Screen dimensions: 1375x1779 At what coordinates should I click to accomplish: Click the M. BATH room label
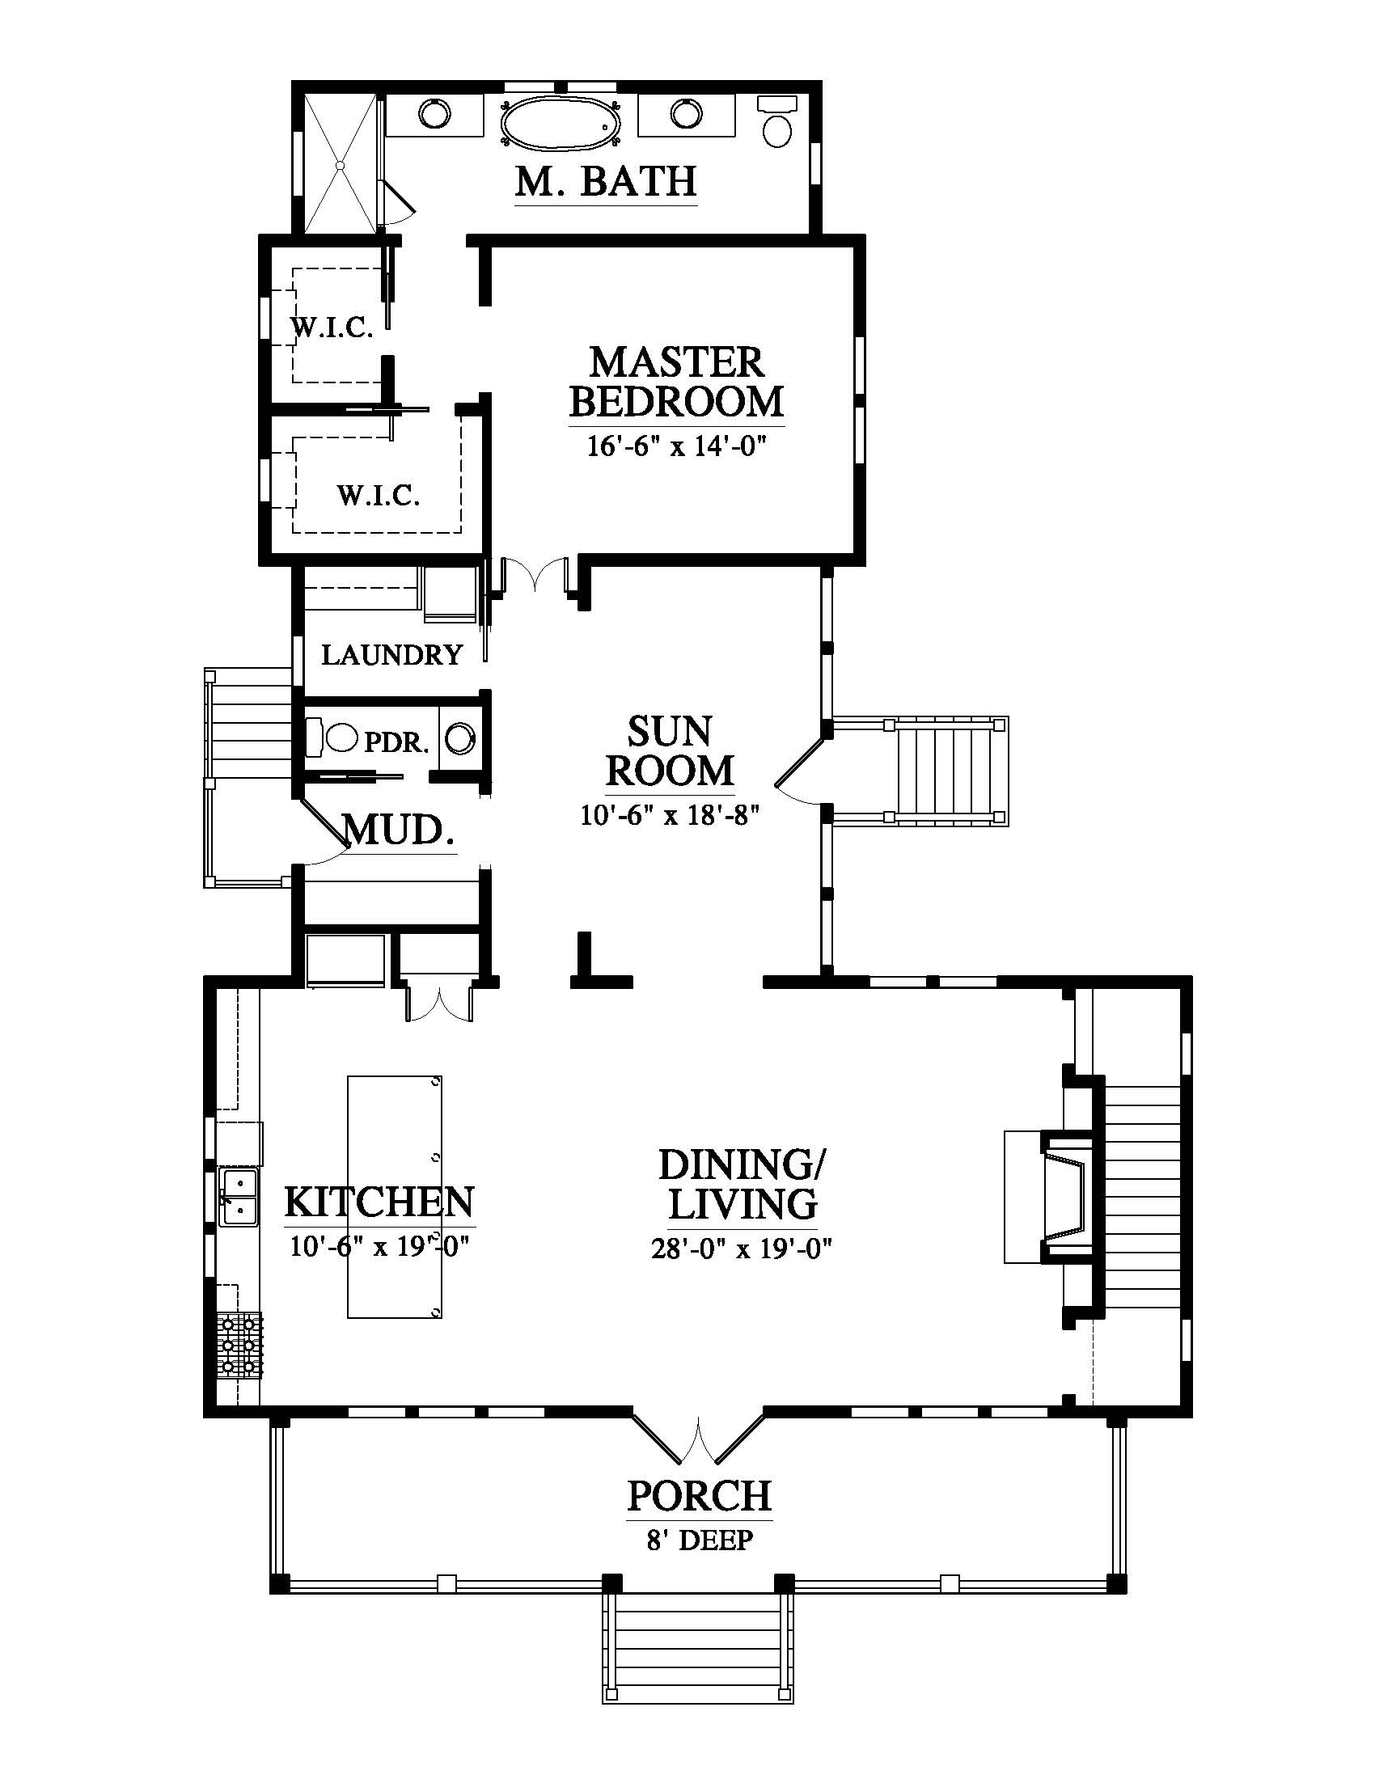coord(606,181)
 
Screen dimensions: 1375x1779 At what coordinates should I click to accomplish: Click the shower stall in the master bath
coord(341,162)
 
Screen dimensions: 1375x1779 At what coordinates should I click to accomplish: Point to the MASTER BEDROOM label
coord(676,381)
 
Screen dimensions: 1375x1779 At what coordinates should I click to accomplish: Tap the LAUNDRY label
coord(391,655)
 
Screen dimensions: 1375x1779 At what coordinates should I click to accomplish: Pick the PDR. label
coord(396,742)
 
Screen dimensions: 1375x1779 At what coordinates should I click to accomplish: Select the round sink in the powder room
coord(461,739)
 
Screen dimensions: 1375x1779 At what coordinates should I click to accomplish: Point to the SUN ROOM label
coord(670,750)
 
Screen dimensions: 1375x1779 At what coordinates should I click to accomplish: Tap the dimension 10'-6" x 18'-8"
coord(670,814)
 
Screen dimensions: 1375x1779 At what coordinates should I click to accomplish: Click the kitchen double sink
coord(239,1197)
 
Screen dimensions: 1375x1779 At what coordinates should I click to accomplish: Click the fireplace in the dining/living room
coord(1047,1197)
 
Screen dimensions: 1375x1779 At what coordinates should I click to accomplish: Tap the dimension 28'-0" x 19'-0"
coord(740,1249)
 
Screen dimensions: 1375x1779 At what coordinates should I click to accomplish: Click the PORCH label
coord(699,1495)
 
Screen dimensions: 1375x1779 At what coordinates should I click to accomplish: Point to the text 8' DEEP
coord(700,1540)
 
